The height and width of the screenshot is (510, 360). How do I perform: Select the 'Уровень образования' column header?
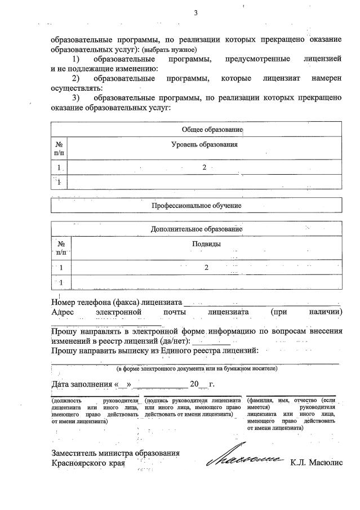204,145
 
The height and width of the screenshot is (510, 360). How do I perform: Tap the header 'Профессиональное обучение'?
196,206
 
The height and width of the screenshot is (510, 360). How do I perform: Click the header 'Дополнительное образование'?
196,229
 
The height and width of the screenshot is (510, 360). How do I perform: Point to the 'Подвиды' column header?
206,244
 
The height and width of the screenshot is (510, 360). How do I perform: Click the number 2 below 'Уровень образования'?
205,167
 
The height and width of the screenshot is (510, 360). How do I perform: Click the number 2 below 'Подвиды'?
206,268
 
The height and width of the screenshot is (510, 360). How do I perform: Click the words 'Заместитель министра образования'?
115,453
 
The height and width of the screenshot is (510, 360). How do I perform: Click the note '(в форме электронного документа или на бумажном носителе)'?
197,369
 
